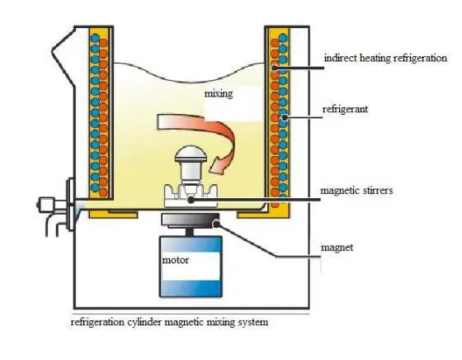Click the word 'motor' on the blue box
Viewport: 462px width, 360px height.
(175, 260)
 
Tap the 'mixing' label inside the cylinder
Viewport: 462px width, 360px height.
(219, 94)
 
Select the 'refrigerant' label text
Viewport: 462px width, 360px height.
(345, 109)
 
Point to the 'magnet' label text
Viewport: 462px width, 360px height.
(337, 248)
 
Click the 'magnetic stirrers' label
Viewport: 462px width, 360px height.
(356, 191)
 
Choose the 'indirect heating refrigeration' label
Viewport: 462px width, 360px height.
(385, 58)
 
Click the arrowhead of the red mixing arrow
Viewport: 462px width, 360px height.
(217, 166)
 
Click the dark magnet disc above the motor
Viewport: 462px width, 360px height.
(191, 220)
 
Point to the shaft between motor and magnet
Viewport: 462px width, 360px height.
(190, 232)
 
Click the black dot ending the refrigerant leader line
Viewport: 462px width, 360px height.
(285, 117)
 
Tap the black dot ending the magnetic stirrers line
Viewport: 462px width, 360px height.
(191, 200)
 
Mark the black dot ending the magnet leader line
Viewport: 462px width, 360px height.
(216, 224)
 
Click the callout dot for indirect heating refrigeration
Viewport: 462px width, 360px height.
(275, 68)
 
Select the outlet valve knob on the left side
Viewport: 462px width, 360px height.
(45, 204)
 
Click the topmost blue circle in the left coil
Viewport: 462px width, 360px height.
(95, 38)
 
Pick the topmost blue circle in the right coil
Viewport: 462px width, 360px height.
(283, 38)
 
